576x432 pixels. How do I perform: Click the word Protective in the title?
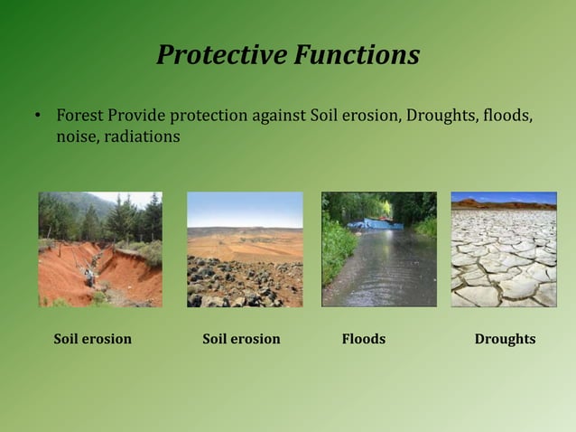tap(219, 55)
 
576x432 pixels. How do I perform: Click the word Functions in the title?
tap(354, 55)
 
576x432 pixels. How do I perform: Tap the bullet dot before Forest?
tap(38, 117)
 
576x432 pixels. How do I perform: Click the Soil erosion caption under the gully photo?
tap(92, 339)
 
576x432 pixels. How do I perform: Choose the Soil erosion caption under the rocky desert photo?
tap(241, 339)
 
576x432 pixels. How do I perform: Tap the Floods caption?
tap(363, 339)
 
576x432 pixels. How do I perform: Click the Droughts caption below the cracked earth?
tap(505, 339)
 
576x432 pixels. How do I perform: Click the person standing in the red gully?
tap(88, 276)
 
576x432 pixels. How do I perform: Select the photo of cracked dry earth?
tap(504, 249)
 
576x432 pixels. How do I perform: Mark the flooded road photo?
tap(378, 249)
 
